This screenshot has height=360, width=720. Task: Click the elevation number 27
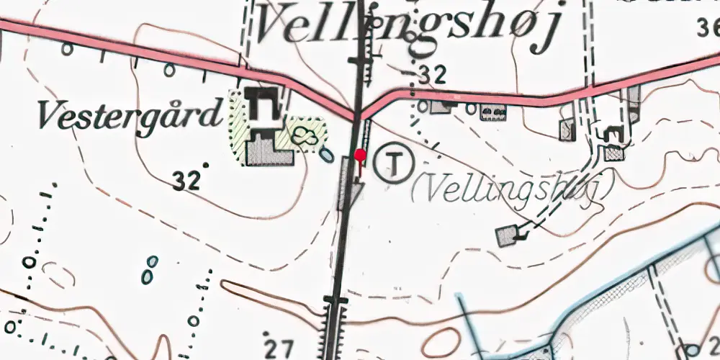coord(279,348)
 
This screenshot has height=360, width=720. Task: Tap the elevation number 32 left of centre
coord(186,181)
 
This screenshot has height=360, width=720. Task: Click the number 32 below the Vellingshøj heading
coord(431,74)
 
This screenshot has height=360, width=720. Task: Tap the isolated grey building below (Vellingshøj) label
coord(508,235)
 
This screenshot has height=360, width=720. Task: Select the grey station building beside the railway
coord(346,184)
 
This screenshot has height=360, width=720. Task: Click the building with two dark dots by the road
coord(492,112)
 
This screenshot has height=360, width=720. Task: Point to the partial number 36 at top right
coord(708,29)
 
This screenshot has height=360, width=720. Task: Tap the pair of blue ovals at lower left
coord(149,270)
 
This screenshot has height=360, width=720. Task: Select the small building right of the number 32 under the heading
coord(441,107)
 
